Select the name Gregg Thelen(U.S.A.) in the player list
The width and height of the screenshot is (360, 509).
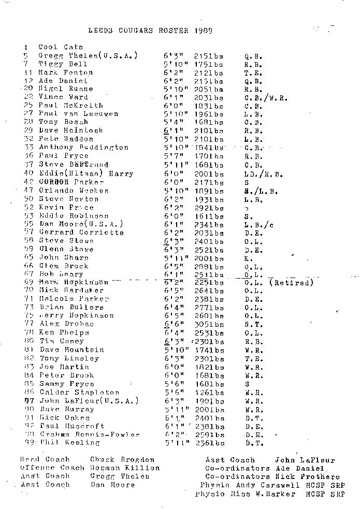tap(88, 55)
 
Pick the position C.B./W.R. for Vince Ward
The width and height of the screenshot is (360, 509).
tap(266, 97)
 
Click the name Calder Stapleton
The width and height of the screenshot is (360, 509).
tap(79, 392)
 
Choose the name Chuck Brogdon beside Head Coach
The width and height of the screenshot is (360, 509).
tap(122, 460)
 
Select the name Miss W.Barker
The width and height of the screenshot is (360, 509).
tap(263, 494)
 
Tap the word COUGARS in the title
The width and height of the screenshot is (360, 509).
tap(154, 30)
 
